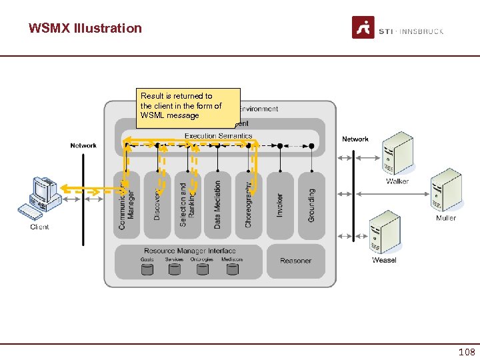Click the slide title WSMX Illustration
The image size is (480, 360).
pos(85,28)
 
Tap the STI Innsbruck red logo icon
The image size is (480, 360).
pos(363,28)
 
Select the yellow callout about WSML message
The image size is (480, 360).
pos(187,106)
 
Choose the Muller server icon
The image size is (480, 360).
pos(445,192)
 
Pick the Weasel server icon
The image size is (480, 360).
pos(384,232)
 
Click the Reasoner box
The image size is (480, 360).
pos(295,261)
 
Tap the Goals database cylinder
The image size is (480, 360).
pos(147,269)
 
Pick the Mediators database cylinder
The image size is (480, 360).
pos(232,269)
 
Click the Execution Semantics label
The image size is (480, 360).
pos(218,136)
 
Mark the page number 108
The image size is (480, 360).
pos(466,351)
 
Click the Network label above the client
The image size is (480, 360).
pos(83,145)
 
